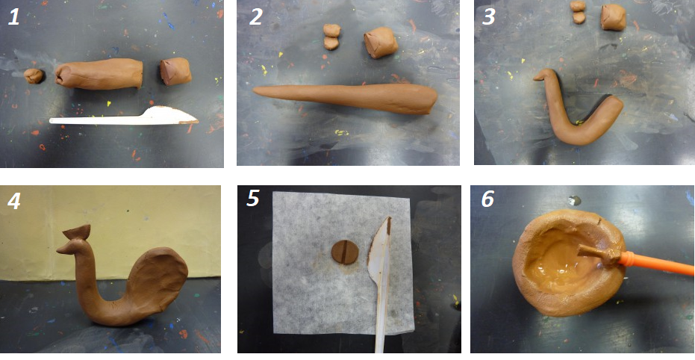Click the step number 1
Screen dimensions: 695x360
point(13,16)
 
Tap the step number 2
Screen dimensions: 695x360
point(256,16)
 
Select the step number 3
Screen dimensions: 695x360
point(488,16)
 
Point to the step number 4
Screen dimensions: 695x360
point(13,200)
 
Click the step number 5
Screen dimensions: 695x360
point(252,198)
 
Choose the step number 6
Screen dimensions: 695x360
point(487,199)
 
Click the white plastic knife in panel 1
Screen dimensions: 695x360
point(124,117)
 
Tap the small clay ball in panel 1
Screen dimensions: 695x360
point(34,76)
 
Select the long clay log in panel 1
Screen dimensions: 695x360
point(99,74)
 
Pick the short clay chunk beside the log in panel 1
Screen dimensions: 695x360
point(175,71)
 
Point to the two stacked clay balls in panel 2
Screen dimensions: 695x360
point(331,37)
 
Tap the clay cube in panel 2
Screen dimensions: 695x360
point(381,43)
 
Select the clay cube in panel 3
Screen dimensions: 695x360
point(614,17)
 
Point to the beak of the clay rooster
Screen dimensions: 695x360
point(62,249)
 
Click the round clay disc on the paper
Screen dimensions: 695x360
point(345,252)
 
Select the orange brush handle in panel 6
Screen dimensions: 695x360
point(656,264)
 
